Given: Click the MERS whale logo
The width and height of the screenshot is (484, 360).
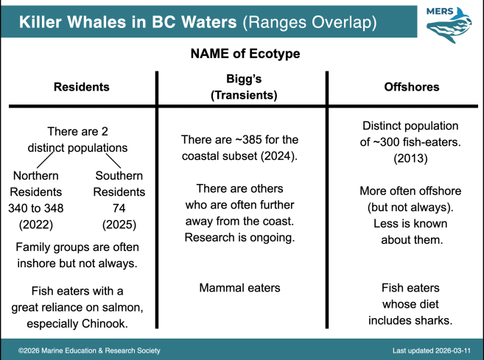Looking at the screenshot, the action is click(449, 25).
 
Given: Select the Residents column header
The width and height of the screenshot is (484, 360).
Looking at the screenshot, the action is click(82, 87).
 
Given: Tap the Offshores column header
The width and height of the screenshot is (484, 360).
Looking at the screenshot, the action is click(412, 87).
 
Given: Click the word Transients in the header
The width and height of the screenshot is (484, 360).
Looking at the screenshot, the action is click(244, 95).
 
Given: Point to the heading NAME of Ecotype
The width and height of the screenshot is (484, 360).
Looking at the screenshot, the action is click(245, 54).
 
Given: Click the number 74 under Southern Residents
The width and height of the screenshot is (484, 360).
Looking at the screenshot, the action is click(119, 208).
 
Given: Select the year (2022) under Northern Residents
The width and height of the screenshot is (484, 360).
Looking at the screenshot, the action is click(36, 225).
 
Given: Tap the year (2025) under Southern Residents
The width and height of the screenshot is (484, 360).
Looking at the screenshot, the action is click(119, 225).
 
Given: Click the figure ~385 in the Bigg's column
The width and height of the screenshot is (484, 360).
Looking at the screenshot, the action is click(249, 140).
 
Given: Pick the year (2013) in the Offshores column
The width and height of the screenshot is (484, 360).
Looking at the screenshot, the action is click(410, 158).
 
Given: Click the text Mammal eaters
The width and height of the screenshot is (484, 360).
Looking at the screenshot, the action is click(239, 288).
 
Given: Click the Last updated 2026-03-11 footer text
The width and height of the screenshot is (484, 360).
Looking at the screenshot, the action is click(432, 350).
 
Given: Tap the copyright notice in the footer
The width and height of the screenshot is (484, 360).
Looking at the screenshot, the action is click(89, 350).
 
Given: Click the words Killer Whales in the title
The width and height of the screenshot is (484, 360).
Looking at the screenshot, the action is click(72, 22).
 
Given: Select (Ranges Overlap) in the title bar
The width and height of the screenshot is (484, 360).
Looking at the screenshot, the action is click(309, 23).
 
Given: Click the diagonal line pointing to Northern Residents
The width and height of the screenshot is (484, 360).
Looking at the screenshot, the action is click(46, 160).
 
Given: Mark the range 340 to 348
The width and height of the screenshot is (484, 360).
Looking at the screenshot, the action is click(36, 208).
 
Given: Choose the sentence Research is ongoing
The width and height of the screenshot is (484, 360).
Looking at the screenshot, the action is click(239, 238).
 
